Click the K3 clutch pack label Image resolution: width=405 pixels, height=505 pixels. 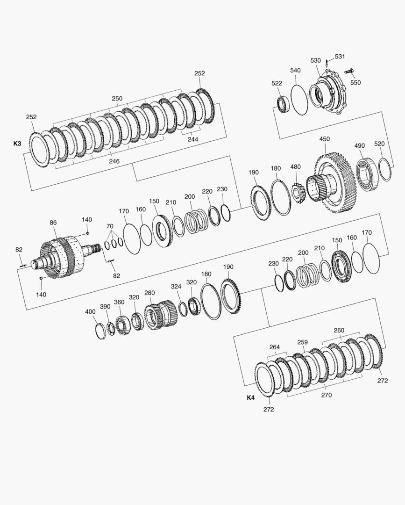(17, 144)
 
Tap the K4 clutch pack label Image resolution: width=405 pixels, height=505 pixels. (250, 398)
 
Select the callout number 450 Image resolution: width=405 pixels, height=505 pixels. (325, 139)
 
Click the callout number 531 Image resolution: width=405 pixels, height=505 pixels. (340, 57)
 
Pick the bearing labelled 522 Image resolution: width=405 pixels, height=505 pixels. (283, 104)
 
